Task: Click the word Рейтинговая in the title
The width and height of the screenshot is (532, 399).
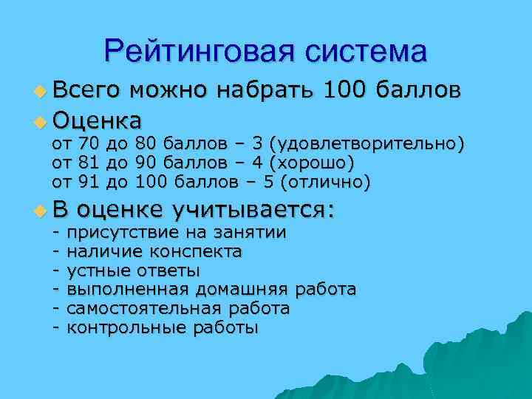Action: [196, 52]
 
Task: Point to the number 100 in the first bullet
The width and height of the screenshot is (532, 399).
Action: [347, 92]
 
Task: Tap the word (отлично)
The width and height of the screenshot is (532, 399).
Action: [326, 181]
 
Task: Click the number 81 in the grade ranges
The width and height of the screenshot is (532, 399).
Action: [88, 162]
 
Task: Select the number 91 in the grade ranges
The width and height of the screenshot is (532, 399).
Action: [88, 181]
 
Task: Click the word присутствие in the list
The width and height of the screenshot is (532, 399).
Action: [117, 233]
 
